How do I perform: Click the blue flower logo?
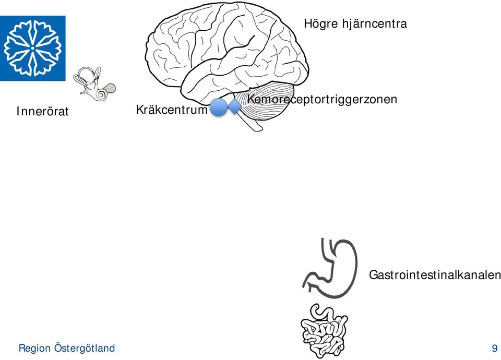(x=32, y=48)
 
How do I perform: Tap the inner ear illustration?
(x=94, y=83)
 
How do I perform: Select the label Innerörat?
(x=42, y=112)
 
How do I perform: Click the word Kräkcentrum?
(x=172, y=110)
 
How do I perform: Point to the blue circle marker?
(x=219, y=107)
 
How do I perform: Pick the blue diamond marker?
(x=234, y=106)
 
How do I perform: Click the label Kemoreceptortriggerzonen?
(x=322, y=100)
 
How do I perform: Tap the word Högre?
(x=321, y=24)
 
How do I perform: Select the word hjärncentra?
(x=375, y=24)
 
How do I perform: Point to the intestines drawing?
(x=324, y=331)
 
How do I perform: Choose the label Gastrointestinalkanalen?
(x=435, y=275)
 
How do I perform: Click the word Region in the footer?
(x=34, y=348)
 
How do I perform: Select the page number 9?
(x=495, y=348)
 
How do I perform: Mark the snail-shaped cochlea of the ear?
(x=102, y=94)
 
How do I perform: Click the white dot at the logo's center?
(x=32, y=48)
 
